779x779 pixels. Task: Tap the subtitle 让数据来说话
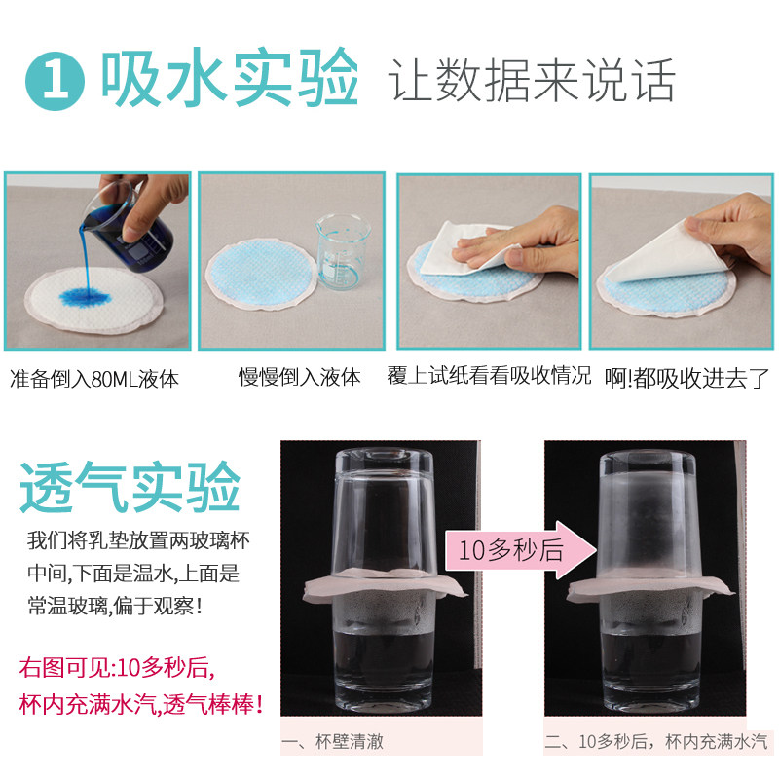[x=532, y=80]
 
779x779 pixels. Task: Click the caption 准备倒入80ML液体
[x=94, y=378]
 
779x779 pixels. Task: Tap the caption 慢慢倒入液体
[x=300, y=377]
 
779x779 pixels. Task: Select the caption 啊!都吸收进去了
[x=686, y=378]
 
